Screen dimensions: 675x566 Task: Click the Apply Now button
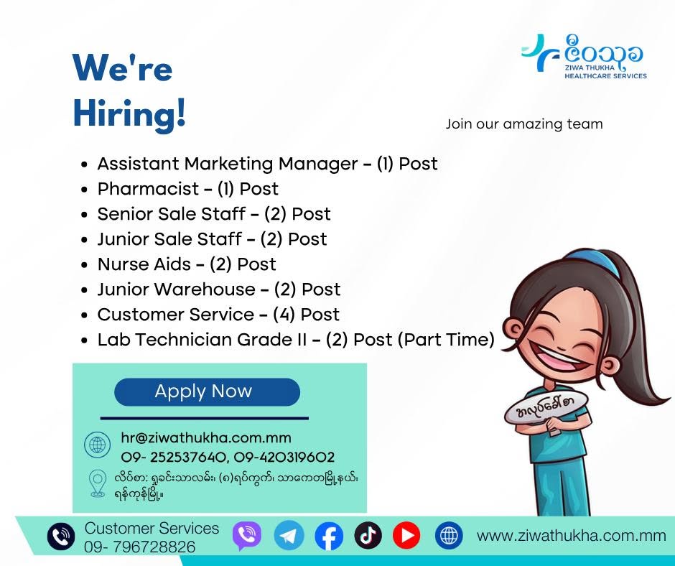point(207,391)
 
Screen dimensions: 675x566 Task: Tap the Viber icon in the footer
point(247,535)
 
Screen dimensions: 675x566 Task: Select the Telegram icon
point(289,535)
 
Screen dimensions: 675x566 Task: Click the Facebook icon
point(329,535)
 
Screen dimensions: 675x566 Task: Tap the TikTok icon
point(368,535)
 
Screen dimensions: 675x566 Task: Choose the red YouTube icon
point(406,535)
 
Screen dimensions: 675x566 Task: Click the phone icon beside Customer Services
point(61,537)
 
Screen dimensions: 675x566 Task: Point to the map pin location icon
point(98,483)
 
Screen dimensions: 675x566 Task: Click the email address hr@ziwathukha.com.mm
point(206,437)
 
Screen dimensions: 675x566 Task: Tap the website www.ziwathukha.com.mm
point(572,535)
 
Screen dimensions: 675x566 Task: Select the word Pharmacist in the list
point(148,189)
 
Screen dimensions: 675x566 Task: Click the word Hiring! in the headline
point(129,113)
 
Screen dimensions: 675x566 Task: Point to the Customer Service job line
point(218,315)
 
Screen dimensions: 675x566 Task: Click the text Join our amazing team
point(524,124)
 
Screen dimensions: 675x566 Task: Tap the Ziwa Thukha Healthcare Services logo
point(585,57)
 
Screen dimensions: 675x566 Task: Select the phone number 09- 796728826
point(139,547)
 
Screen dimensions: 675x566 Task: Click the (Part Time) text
point(446,340)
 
